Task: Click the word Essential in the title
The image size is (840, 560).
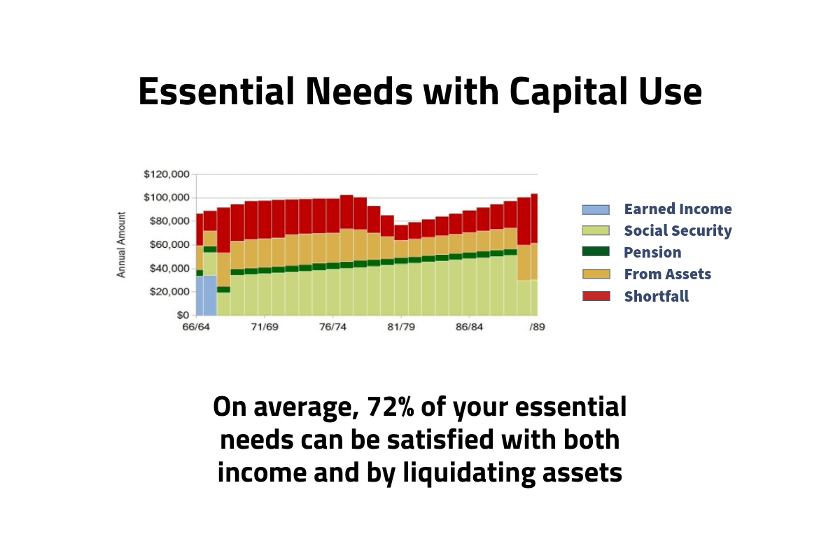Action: point(216,92)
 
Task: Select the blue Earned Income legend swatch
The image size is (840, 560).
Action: point(596,210)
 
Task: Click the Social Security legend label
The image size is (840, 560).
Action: point(678,231)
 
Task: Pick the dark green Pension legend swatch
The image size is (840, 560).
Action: point(596,251)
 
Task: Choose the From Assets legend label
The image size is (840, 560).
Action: point(668,274)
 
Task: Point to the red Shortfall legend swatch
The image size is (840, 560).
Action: point(596,296)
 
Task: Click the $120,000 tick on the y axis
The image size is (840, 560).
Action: point(167,174)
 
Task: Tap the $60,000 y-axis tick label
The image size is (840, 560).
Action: point(169,245)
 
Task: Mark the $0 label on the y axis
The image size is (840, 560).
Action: point(183,315)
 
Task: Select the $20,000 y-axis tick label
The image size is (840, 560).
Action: point(169,292)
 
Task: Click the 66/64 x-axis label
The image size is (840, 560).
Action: point(196,327)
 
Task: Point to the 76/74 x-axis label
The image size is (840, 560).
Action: point(332,327)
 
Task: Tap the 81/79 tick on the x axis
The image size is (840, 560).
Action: point(401,327)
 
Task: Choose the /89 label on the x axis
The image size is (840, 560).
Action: point(537,327)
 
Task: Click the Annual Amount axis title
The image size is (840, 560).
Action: point(121,245)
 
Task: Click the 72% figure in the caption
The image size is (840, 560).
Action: point(391,407)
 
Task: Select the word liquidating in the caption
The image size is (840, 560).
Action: point(469,472)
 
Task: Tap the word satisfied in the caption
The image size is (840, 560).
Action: point(440,440)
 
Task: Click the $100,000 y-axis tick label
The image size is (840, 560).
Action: point(167,197)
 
